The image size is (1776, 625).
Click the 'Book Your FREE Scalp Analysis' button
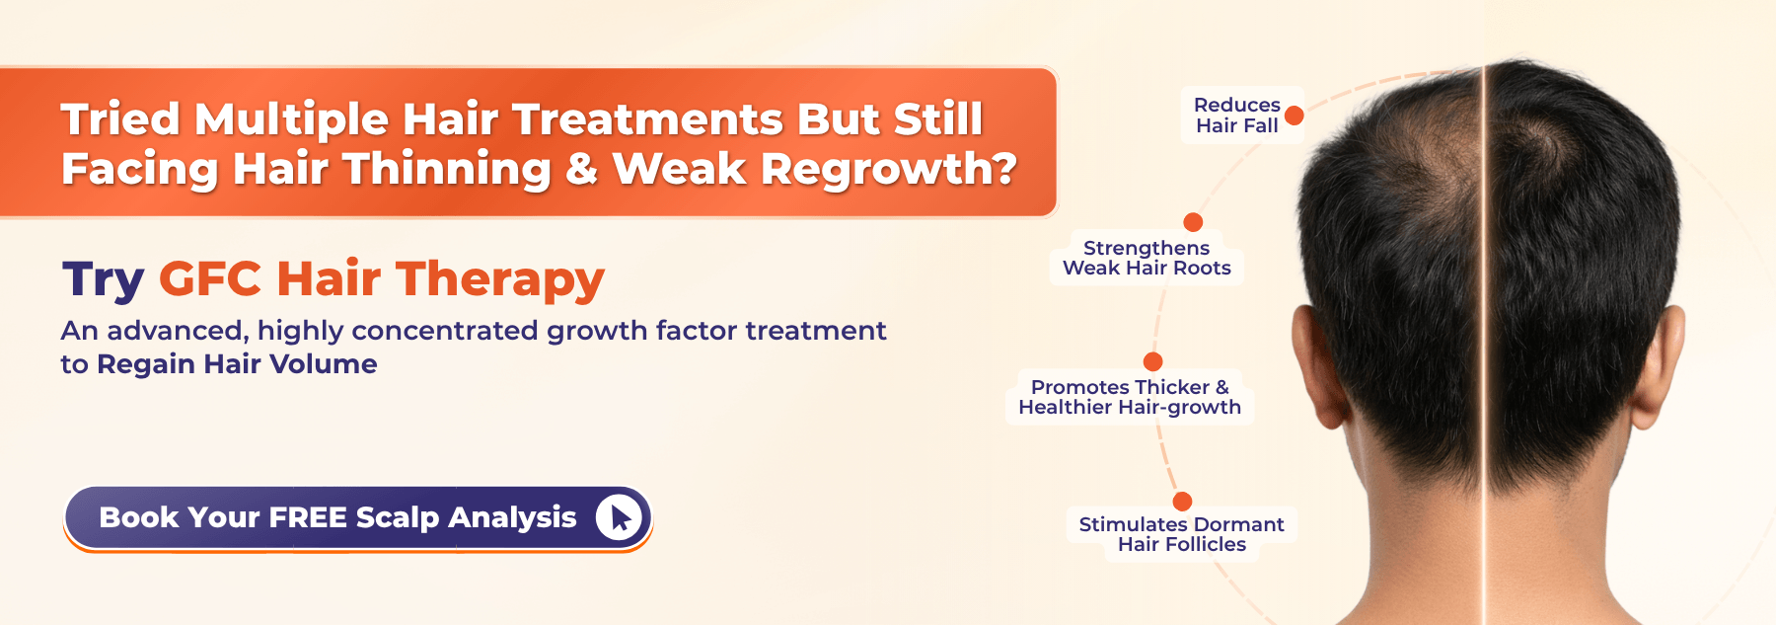point(357,517)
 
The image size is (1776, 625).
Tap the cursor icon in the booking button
point(620,517)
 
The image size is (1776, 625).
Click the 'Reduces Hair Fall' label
point(1237,116)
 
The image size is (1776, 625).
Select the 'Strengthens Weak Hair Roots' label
point(1147,258)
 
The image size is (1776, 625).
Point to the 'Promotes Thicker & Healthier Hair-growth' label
point(1130,397)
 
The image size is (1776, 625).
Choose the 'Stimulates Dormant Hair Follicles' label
point(1181,534)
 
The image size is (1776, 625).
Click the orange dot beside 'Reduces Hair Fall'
point(1295,116)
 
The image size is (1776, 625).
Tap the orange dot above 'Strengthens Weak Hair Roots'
point(1193,222)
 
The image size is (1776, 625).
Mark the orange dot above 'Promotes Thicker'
point(1152,361)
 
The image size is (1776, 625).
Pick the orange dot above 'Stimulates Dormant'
point(1182,502)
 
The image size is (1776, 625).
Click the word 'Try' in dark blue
point(103,280)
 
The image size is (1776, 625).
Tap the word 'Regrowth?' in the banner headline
point(889,170)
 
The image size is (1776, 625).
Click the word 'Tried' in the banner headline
point(120,119)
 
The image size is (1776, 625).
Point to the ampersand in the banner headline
point(582,169)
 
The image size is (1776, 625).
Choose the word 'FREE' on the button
point(308,517)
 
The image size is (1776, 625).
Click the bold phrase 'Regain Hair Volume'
point(237,364)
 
